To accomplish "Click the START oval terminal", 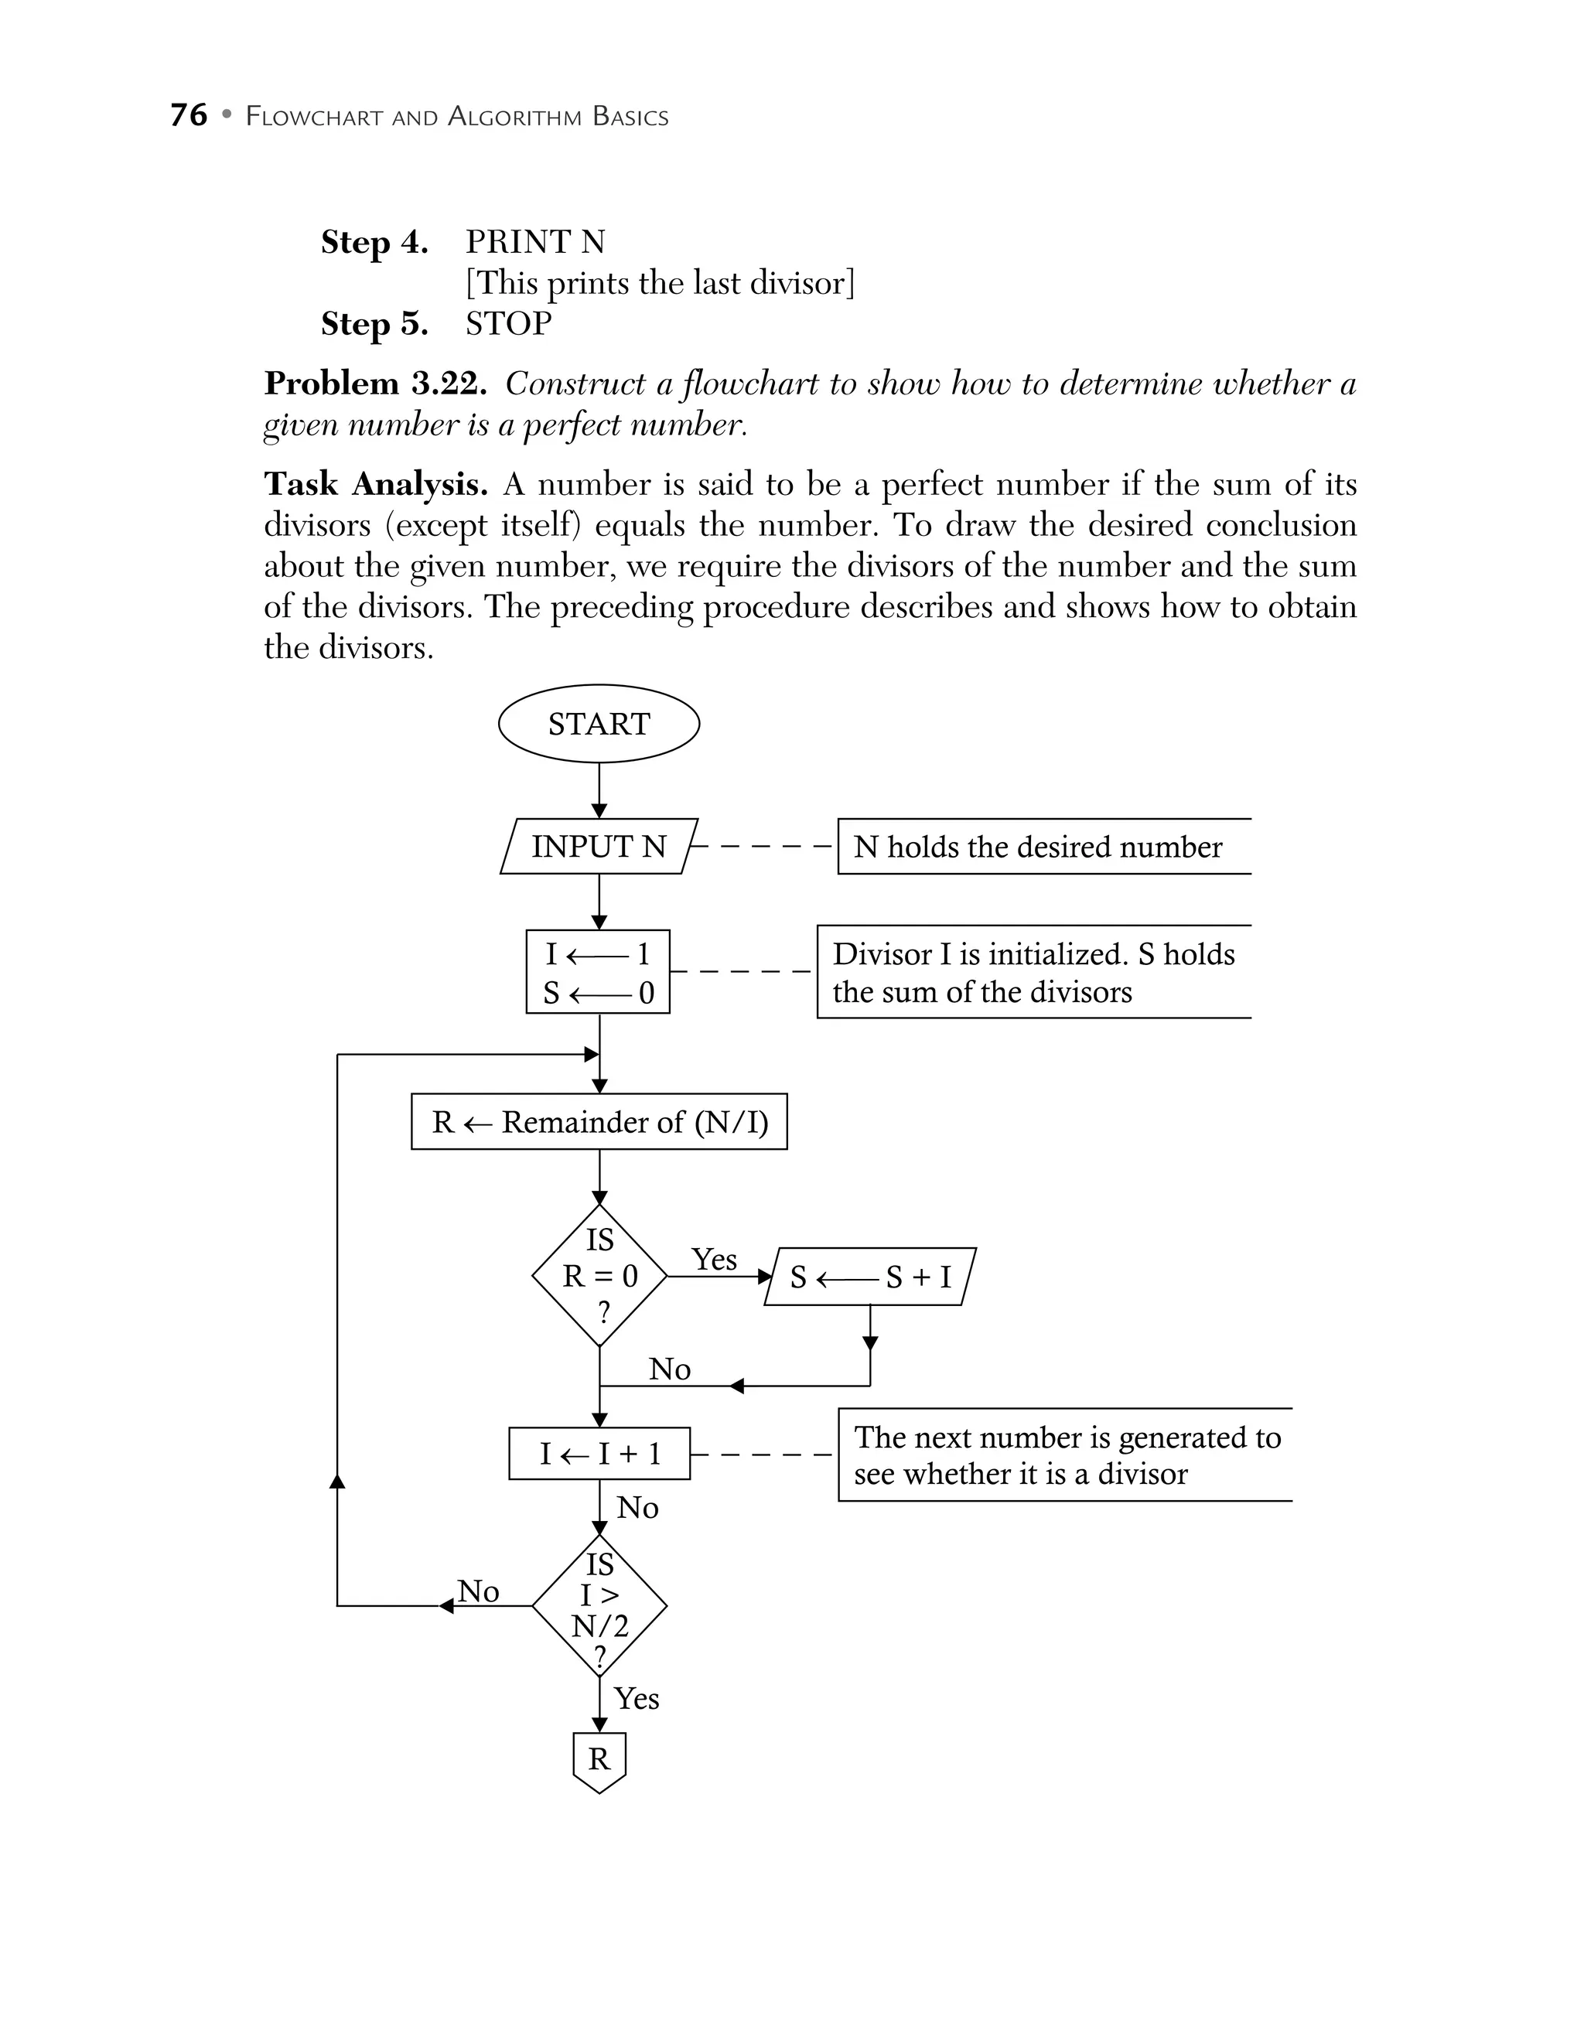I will [599, 724].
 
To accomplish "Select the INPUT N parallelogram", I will [599, 847].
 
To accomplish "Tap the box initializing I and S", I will [598, 972].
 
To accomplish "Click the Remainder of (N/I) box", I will [599, 1121].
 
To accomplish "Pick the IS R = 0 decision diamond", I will [599, 1276].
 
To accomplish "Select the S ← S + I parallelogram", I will [870, 1276].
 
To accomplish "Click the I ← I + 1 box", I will [599, 1454].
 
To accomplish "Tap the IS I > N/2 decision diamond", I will [599, 1606].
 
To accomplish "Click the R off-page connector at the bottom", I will [599, 1760].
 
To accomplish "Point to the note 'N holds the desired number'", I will [1038, 847].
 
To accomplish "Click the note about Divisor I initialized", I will [1033, 972].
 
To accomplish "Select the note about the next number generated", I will [1067, 1455].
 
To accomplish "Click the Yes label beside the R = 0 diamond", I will [714, 1260].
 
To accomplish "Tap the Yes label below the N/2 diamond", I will [636, 1699].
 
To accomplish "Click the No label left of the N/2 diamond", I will [478, 1591].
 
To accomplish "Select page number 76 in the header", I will [188, 115].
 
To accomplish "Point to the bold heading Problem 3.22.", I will [376, 383].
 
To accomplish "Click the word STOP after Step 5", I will [508, 323].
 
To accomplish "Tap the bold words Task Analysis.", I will [376, 484].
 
